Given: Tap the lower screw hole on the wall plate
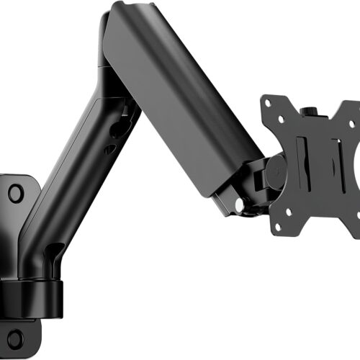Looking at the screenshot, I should [14, 338].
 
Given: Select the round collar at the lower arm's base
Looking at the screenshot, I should [32, 292].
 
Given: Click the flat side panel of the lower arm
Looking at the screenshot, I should [68, 180].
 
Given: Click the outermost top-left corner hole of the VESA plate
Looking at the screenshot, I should [268, 102].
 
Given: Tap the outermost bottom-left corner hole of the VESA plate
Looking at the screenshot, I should [277, 231].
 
